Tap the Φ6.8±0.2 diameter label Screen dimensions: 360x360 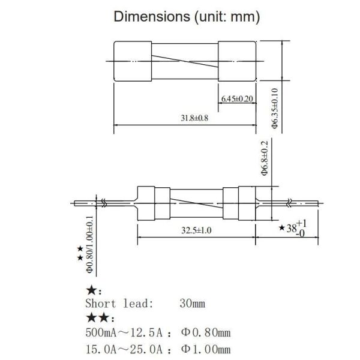click(x=264, y=157)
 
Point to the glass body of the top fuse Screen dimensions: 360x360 click(x=186, y=61)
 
